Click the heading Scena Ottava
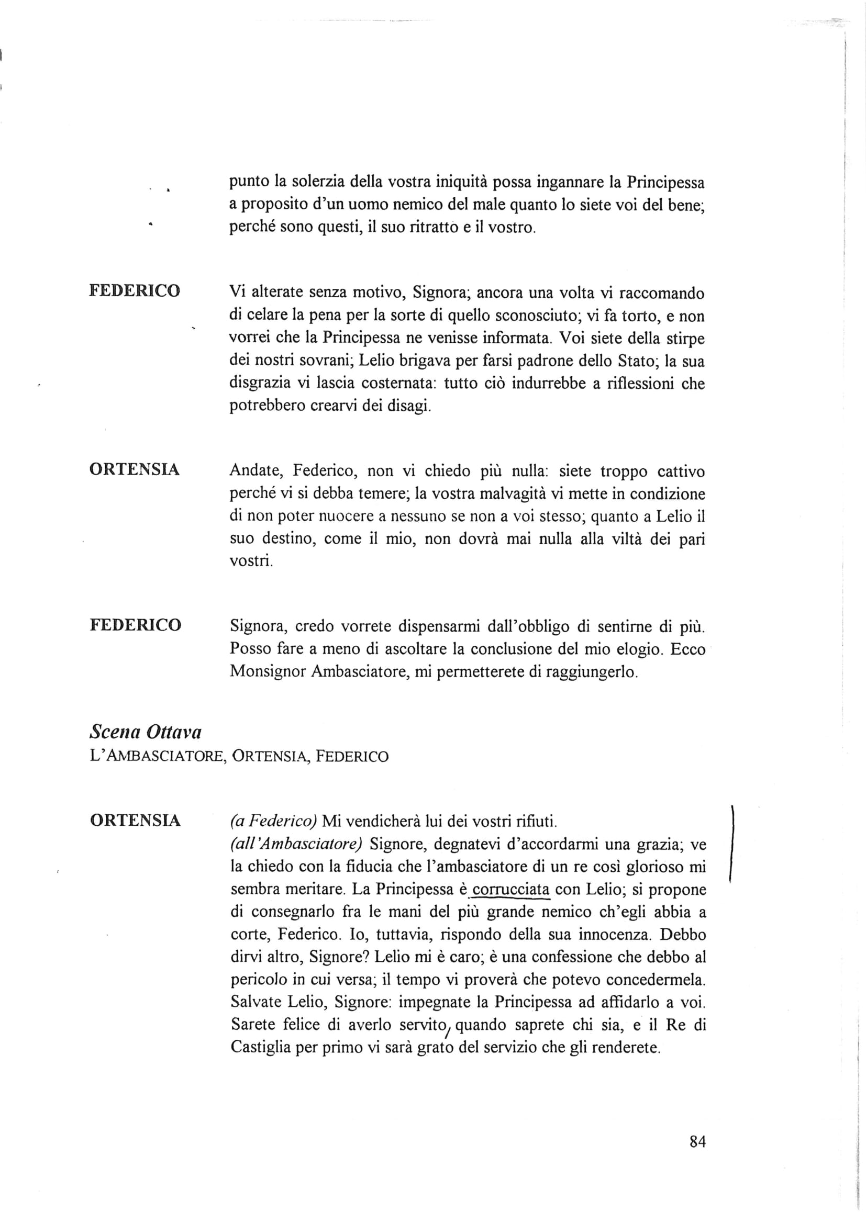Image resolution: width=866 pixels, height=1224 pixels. tap(145, 733)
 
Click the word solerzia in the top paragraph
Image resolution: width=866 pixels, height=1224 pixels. tap(317, 182)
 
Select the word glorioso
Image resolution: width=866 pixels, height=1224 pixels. tap(653, 867)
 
